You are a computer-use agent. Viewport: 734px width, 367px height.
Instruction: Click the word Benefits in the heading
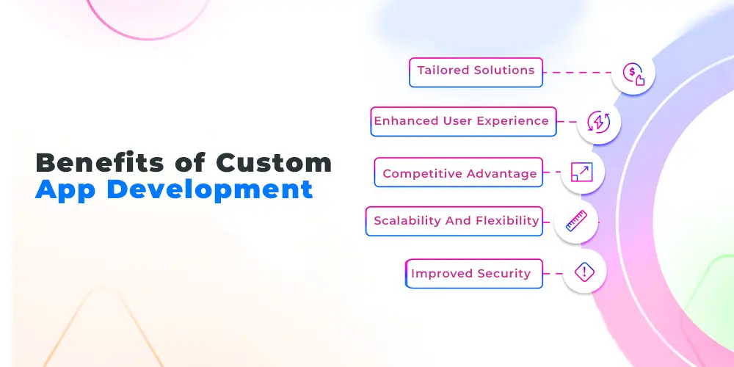click(x=100, y=163)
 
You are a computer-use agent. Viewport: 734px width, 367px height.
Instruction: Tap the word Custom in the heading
click(x=274, y=163)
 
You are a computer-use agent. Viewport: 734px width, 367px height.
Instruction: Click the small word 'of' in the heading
click(x=190, y=163)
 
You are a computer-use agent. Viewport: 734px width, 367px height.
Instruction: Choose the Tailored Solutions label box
click(x=476, y=73)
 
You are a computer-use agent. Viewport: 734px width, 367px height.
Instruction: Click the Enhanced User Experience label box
click(x=463, y=122)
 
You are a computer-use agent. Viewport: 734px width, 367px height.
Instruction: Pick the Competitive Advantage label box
click(x=459, y=172)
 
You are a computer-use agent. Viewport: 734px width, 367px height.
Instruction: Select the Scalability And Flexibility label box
click(x=454, y=222)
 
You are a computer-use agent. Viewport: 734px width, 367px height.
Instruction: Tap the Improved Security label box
click(x=474, y=274)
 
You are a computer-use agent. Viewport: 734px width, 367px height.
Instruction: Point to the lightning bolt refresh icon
click(x=599, y=122)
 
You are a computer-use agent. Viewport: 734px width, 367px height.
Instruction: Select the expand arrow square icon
click(x=582, y=172)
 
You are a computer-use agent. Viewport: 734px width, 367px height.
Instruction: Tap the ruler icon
click(x=576, y=221)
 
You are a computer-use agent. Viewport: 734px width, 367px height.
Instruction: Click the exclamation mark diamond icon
click(x=584, y=272)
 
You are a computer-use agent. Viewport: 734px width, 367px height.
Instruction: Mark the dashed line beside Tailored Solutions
click(x=578, y=73)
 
